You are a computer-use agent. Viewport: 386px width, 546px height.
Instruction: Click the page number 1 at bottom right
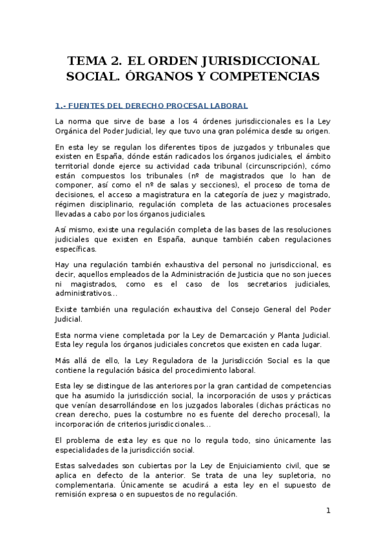click(x=327, y=512)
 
